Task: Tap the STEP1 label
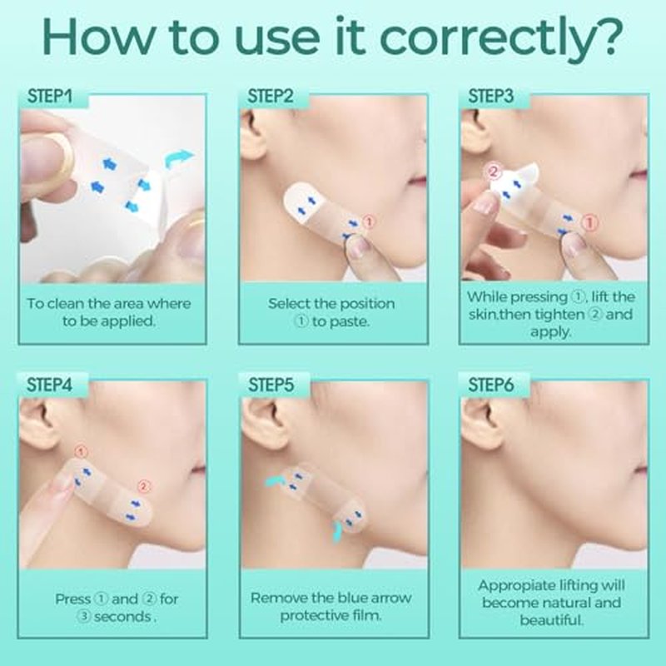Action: [x=50, y=97]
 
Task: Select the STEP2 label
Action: [x=271, y=97]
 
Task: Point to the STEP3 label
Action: [x=490, y=97]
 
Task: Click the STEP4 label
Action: [x=49, y=385]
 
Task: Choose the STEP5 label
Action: [x=271, y=385]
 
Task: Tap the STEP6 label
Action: [x=490, y=385]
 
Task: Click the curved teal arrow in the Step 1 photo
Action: [x=178, y=159]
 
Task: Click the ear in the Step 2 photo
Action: [x=255, y=136]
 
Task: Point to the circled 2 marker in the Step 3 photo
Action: [x=493, y=172]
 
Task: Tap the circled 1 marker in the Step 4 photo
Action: [x=81, y=451]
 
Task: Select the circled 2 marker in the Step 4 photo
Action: [x=144, y=486]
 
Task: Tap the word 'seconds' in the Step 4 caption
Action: [x=122, y=617]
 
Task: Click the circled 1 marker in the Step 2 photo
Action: [x=369, y=221]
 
